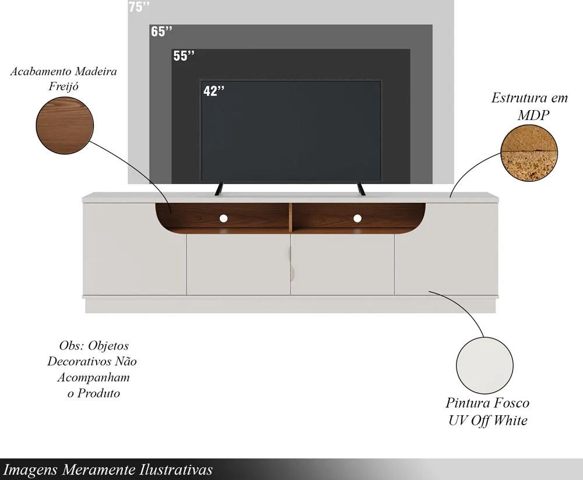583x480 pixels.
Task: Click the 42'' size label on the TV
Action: [x=214, y=91]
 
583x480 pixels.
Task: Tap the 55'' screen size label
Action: [x=184, y=56]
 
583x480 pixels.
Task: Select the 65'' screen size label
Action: [x=161, y=31]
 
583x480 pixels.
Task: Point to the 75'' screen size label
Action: [x=139, y=6]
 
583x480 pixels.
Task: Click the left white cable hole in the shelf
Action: [x=223, y=218]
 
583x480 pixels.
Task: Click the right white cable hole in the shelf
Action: [x=357, y=218]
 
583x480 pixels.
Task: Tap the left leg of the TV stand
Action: [x=219, y=188]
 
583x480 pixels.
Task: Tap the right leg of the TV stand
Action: [x=361, y=188]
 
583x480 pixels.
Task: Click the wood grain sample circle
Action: [x=65, y=125]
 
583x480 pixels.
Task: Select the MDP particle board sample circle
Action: [x=529, y=153]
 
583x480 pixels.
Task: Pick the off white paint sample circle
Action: [x=485, y=366]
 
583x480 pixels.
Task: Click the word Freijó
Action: [x=64, y=87]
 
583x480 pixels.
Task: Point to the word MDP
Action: [x=533, y=115]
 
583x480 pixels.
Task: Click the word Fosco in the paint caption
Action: [x=511, y=403]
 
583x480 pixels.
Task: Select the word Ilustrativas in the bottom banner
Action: [x=176, y=470]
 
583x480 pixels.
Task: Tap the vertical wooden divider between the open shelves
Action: [x=290, y=217]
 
